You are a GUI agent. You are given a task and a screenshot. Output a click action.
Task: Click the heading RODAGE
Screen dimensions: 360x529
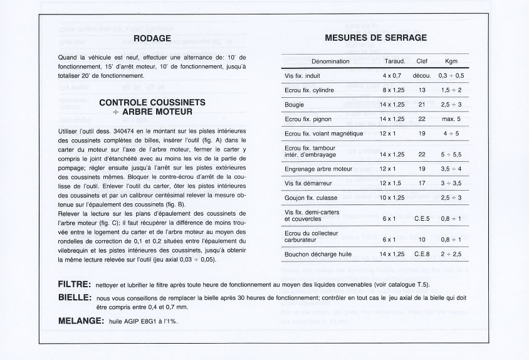pos(152,39)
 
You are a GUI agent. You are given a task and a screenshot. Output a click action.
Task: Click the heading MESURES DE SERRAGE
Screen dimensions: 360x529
pos(375,38)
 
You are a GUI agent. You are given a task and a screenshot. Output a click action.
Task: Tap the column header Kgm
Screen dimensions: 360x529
pos(451,61)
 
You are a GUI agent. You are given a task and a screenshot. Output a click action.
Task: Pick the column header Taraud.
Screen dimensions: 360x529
pos(394,61)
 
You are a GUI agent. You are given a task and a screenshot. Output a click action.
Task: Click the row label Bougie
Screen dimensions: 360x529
pos(294,105)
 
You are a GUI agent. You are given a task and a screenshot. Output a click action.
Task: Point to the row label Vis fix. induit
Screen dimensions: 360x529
pos(303,76)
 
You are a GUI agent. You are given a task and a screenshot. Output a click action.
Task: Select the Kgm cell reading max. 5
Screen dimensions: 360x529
pos(451,119)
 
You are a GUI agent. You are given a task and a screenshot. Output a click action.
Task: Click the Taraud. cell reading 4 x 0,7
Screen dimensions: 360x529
pos(392,76)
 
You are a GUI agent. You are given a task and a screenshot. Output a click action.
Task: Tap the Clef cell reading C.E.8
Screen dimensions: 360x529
pos(421,254)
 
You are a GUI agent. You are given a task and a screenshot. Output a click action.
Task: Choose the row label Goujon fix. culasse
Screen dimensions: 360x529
pos(312,198)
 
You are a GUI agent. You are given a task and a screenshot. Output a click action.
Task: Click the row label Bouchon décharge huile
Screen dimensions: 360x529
pos(318,254)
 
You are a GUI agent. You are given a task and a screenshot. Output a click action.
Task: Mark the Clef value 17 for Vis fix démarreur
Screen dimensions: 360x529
pos(421,183)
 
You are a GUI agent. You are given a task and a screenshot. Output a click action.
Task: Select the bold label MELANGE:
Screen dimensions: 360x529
pos(81,321)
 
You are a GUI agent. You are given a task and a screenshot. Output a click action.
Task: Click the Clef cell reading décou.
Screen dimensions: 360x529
pos(421,76)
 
